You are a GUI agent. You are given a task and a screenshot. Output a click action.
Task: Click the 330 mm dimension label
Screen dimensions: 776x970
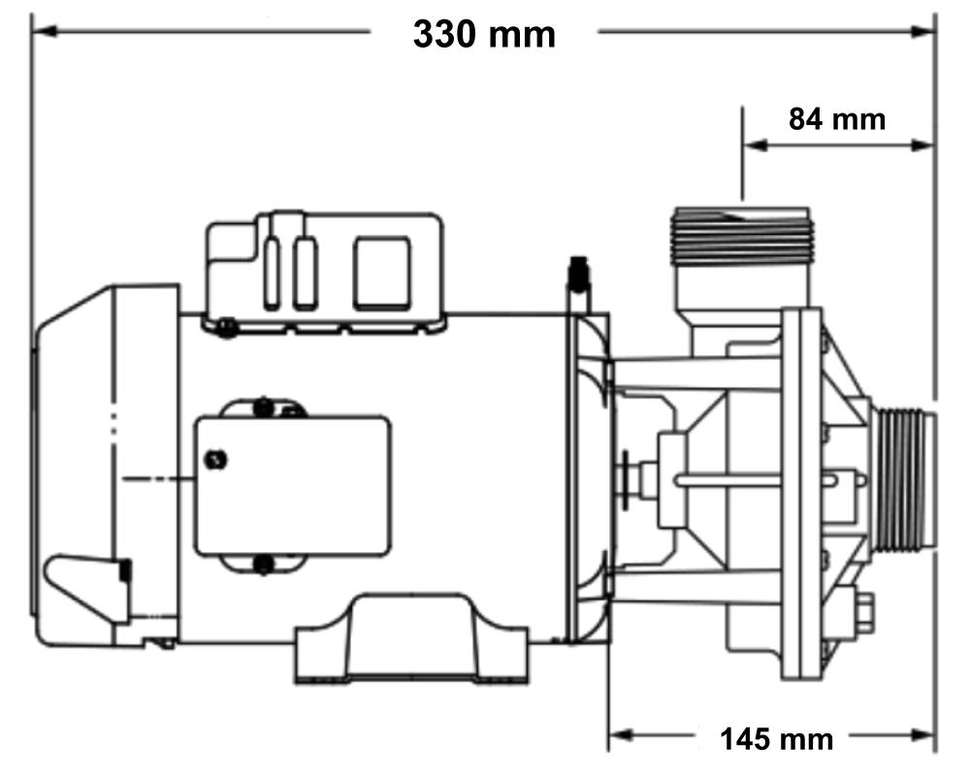click(x=484, y=34)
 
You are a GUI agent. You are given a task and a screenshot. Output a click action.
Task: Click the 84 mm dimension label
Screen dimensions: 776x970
click(x=836, y=119)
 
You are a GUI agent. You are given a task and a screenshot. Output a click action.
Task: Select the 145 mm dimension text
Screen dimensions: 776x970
click(x=776, y=740)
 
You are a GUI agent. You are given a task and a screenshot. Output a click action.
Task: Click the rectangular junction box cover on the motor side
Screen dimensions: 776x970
click(x=291, y=485)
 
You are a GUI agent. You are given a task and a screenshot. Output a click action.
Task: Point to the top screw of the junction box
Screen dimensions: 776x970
click(x=261, y=406)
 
